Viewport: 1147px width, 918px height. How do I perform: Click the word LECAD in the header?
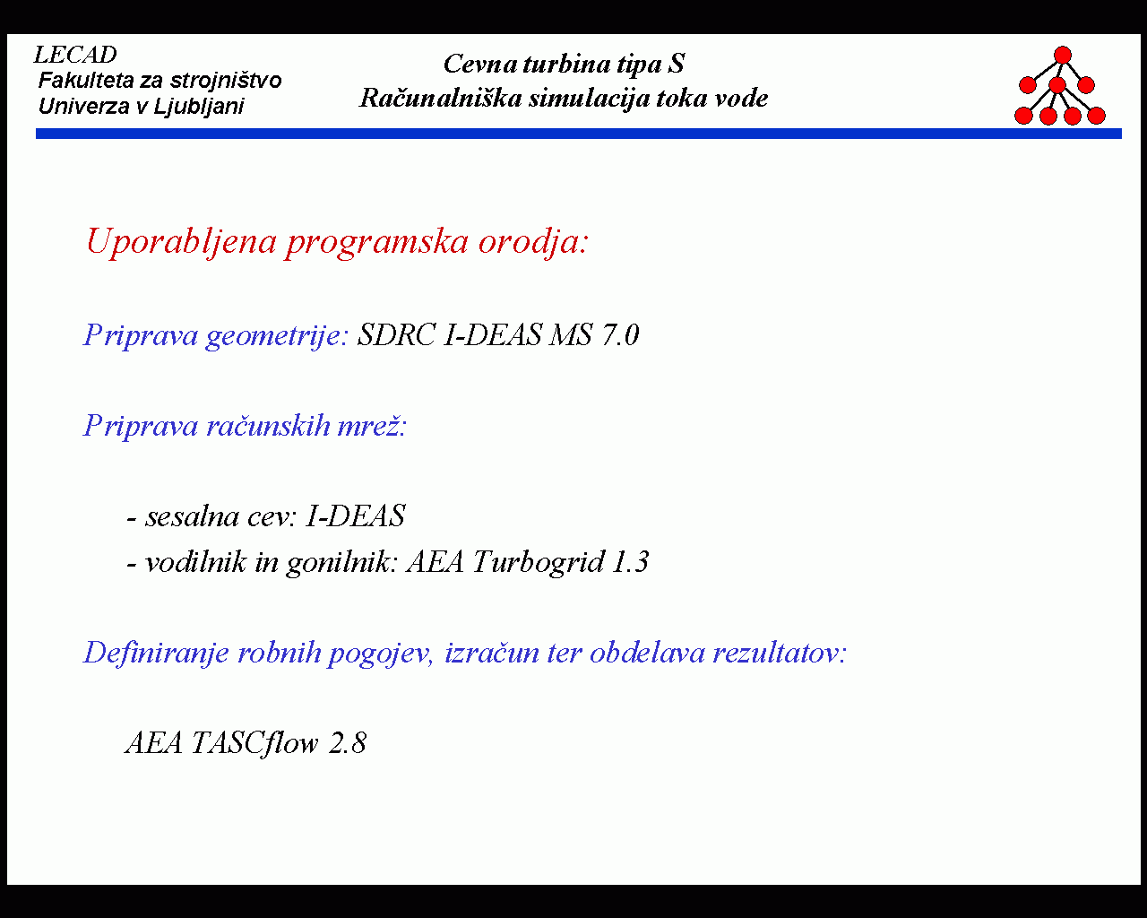(x=75, y=55)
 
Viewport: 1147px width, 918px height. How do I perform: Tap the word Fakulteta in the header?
(x=86, y=81)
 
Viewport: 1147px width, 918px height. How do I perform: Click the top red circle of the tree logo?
(x=1062, y=55)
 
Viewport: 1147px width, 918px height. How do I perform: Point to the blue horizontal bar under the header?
(x=579, y=134)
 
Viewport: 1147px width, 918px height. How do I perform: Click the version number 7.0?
(x=620, y=335)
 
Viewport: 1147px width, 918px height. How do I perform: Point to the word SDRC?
(x=396, y=335)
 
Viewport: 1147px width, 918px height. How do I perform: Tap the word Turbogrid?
(x=539, y=563)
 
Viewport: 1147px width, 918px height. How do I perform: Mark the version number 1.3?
(x=631, y=562)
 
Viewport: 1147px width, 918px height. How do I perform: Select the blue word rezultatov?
(x=780, y=653)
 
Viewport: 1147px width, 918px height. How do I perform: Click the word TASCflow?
(x=254, y=743)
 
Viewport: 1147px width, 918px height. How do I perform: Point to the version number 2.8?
(x=348, y=743)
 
